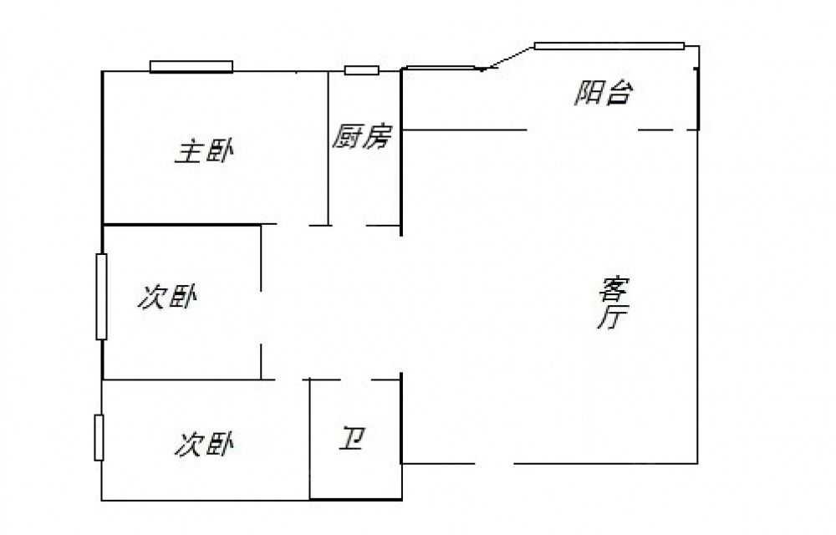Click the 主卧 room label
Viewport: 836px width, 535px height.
pos(204,151)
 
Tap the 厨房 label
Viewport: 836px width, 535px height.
pos(362,136)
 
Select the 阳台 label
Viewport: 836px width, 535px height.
pos(604,93)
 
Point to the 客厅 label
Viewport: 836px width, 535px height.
pos(612,303)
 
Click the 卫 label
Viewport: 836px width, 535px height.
pos(351,439)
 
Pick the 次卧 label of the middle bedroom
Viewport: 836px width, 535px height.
pos(167,297)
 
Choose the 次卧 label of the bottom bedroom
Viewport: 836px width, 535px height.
pos(204,444)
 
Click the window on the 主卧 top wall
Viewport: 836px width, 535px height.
pos(191,67)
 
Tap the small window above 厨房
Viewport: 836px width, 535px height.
pos(361,70)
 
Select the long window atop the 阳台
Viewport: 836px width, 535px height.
pos(609,46)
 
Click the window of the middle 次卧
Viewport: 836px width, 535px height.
pos(101,296)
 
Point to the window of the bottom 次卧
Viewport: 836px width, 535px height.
pos(99,437)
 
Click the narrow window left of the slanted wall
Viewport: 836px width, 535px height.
pos(441,68)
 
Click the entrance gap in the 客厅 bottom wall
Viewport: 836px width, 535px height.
pos(494,464)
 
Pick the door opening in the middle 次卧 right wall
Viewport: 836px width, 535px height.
pos(261,318)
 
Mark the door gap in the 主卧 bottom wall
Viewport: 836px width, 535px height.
pos(292,225)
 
